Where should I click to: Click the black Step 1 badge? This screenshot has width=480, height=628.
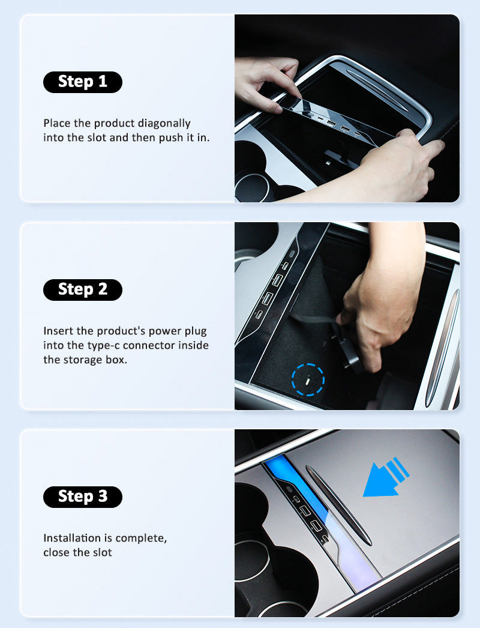pos(82,82)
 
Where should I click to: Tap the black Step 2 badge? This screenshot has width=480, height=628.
pos(82,289)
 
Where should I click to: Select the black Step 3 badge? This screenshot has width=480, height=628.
pos(82,497)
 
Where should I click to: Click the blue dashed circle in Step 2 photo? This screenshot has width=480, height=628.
pos(308,379)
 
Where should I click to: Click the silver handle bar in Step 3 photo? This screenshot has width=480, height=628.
pos(338,505)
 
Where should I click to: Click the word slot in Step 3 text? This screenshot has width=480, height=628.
pos(103,553)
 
